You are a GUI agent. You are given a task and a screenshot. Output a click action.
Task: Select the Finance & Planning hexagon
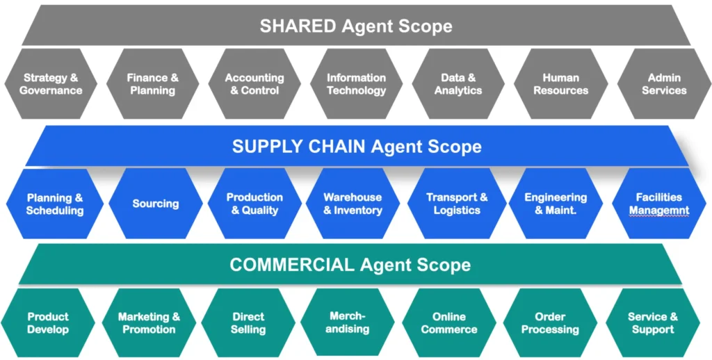pos(152,84)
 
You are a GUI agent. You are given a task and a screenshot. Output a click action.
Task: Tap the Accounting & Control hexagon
pos(254,84)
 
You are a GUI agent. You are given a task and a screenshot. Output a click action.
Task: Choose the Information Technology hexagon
pos(356,84)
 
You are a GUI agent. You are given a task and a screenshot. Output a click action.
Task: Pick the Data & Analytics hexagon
pos(458,84)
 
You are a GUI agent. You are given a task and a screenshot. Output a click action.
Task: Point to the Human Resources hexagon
pos(560,84)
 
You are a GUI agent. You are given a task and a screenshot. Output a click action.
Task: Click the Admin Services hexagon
pos(663,84)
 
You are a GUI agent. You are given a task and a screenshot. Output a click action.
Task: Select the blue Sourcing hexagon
pos(156,204)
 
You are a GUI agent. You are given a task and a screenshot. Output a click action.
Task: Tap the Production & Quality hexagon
pos(254,204)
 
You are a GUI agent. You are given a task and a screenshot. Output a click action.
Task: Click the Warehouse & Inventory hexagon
pos(353,204)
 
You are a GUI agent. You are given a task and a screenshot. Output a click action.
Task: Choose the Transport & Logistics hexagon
pos(457,204)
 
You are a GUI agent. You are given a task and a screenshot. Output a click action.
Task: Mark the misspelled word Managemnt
pos(659,211)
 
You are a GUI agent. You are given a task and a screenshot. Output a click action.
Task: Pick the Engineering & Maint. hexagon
pos(556,204)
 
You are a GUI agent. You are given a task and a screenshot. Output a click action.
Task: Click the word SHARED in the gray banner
pos(298,26)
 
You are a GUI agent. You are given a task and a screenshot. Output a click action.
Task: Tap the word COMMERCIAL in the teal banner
pos(292,265)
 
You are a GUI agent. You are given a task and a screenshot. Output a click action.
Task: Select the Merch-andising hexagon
pos(348,322)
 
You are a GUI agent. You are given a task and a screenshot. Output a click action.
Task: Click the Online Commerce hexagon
pos(448,322)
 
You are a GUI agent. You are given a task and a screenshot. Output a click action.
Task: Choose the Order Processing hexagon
pos(550,322)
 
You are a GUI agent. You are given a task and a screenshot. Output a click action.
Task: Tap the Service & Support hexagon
pos(652,322)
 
